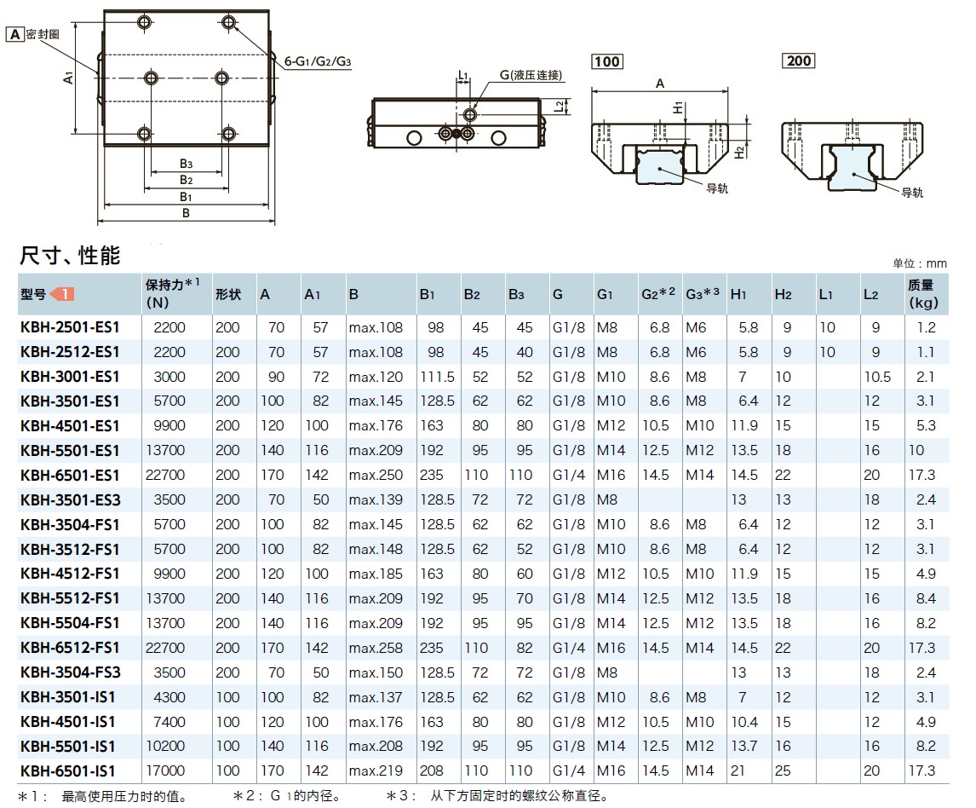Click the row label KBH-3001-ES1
click(x=70, y=377)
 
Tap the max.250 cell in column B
click(x=375, y=476)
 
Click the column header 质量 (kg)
click(x=922, y=294)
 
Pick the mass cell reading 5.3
click(x=927, y=426)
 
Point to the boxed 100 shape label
click(x=607, y=61)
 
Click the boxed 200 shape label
click(x=799, y=61)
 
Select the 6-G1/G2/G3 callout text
click(x=318, y=61)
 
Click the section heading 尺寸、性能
click(x=70, y=255)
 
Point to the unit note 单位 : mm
click(x=919, y=264)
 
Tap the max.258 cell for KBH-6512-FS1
click(x=375, y=649)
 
